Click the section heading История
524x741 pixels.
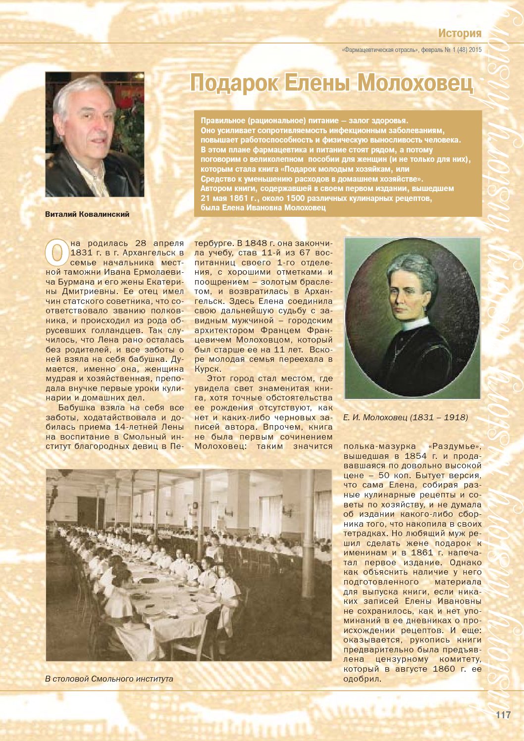(459, 33)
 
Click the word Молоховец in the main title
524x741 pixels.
(416, 83)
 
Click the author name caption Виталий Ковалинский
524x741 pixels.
(87, 214)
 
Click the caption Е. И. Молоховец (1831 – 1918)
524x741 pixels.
(405, 417)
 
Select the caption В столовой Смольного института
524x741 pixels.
(109, 679)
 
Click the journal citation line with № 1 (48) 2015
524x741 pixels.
(412, 49)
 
